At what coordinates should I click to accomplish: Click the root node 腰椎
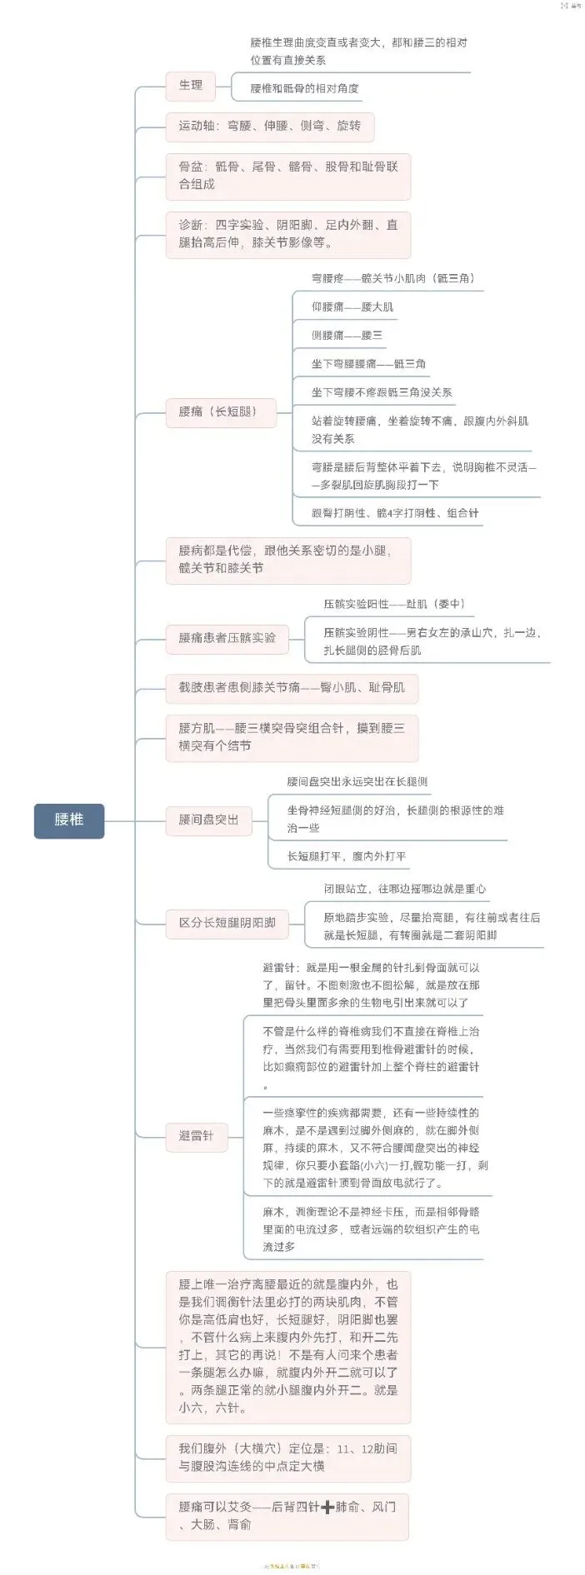click(x=69, y=820)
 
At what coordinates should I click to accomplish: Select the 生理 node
click(x=190, y=85)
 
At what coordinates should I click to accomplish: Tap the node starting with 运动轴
click(x=269, y=126)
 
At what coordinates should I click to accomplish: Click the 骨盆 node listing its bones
click(x=287, y=175)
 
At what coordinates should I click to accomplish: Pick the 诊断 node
click(x=287, y=234)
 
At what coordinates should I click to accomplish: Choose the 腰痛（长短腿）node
click(x=221, y=411)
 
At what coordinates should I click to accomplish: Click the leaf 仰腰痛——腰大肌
click(x=352, y=307)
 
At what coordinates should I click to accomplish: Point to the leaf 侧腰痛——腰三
click(x=347, y=335)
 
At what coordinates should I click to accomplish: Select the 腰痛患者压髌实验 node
click(x=227, y=638)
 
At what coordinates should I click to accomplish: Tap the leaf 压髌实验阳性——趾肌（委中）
click(x=394, y=604)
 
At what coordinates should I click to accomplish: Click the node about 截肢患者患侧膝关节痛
click(x=292, y=687)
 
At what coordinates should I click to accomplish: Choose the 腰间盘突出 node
click(x=208, y=820)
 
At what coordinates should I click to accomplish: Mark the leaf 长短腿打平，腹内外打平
click(x=347, y=856)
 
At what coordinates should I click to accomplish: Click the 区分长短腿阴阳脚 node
click(x=227, y=923)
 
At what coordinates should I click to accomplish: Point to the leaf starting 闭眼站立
click(x=404, y=889)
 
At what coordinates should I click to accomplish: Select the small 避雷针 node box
click(x=196, y=1135)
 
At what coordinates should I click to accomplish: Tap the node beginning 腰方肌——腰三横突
click(x=292, y=737)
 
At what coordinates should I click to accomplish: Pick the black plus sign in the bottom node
click(x=327, y=1507)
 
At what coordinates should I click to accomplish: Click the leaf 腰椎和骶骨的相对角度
click(x=305, y=88)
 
